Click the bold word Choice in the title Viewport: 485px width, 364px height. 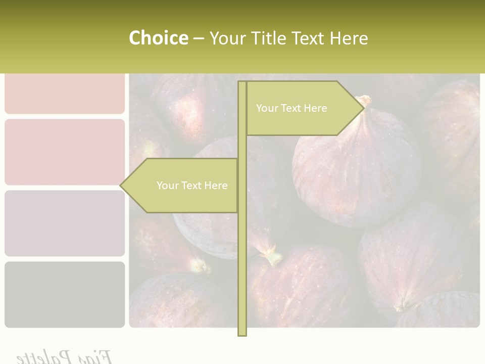tap(158, 38)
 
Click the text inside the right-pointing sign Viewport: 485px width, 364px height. tap(292, 108)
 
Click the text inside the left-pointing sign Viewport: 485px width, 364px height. tap(192, 186)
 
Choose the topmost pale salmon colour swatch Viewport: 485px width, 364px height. tap(65, 94)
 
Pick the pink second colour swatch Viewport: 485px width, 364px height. tap(65, 152)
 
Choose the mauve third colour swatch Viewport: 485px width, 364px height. tap(65, 223)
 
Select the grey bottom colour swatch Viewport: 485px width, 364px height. tap(65, 294)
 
